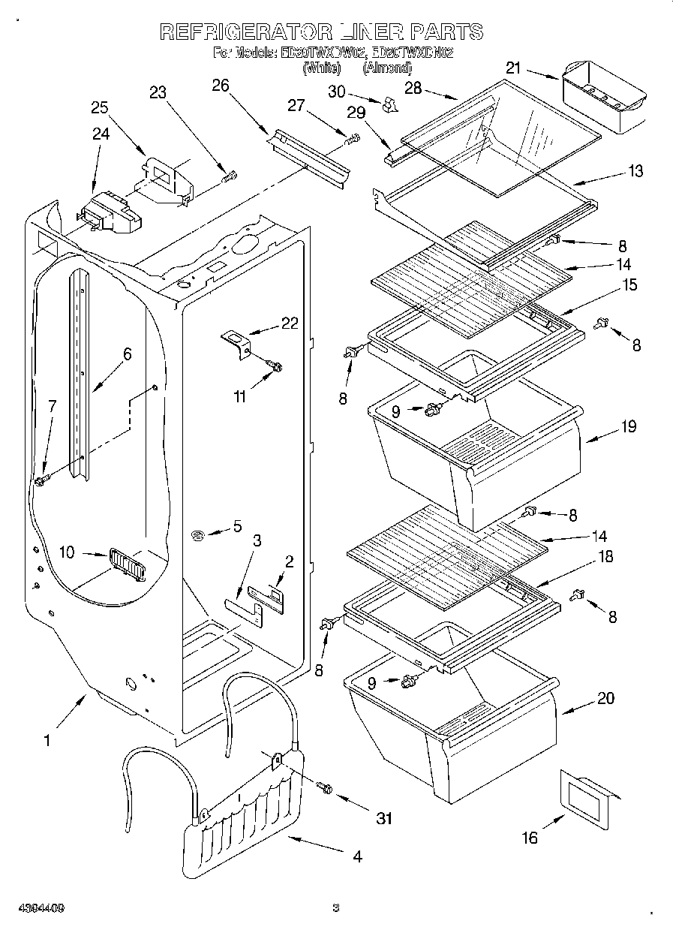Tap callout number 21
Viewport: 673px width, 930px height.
click(512, 68)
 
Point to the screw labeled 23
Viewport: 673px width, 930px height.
click(230, 177)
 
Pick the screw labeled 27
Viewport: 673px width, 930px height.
click(352, 139)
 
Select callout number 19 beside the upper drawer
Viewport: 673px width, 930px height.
click(628, 426)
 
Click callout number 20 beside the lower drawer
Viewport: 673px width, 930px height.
click(605, 698)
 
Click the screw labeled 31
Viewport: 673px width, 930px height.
click(326, 787)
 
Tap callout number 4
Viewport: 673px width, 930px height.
click(356, 856)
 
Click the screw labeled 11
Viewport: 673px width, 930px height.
click(274, 366)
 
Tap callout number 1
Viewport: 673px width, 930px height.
click(47, 740)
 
